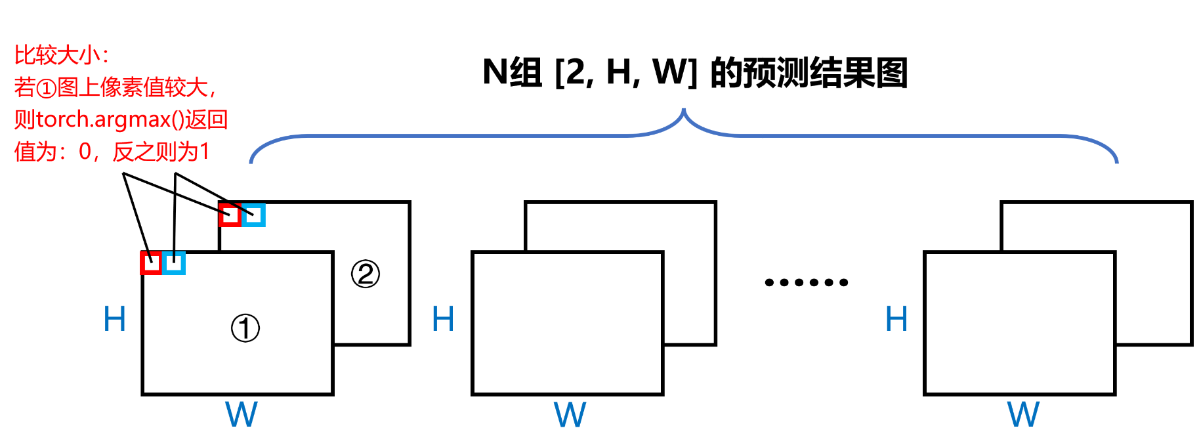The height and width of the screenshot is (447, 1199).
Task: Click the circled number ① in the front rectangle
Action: (245, 328)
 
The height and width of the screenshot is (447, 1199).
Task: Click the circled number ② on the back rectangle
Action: (366, 274)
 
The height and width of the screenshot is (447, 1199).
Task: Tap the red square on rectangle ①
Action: (151, 263)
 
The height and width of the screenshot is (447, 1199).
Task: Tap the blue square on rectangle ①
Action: (174, 263)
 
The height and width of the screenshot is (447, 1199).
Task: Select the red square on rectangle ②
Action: (230, 215)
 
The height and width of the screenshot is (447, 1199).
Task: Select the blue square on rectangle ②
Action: (253, 215)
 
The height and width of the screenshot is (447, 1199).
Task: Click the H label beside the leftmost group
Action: (115, 319)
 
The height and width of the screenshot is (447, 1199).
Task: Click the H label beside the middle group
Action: (443, 319)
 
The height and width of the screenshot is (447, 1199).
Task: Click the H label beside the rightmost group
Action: (896, 319)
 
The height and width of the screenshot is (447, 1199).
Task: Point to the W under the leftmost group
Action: (242, 414)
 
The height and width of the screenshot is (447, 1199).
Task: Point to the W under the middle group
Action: (570, 414)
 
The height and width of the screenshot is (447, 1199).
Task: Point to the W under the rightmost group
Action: (1023, 414)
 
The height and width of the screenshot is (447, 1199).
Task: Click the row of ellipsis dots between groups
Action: (807, 282)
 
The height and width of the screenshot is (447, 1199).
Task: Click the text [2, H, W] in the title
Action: (625, 72)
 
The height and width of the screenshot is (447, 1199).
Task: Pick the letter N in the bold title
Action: (495, 72)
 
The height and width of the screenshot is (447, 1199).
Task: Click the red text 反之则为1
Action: (161, 152)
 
